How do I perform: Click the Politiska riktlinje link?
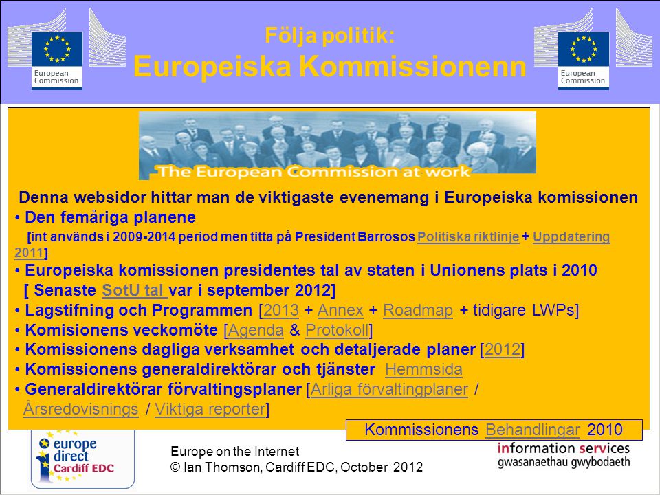point(468,236)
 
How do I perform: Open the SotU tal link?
point(135,290)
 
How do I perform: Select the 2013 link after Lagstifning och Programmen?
point(280,310)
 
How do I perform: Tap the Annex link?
point(340,310)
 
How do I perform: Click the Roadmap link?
point(418,310)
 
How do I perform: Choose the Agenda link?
point(256,330)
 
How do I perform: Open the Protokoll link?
point(338,330)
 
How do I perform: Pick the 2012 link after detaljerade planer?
point(503,349)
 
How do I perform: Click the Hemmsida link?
point(423,369)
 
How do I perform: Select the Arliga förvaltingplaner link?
point(389,389)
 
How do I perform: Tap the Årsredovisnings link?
point(81,408)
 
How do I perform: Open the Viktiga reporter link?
point(210,408)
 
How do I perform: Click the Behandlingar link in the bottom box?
point(532,430)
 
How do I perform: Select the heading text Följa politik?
point(329,35)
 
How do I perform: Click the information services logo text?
point(564,455)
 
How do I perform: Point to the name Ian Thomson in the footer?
point(222,467)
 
